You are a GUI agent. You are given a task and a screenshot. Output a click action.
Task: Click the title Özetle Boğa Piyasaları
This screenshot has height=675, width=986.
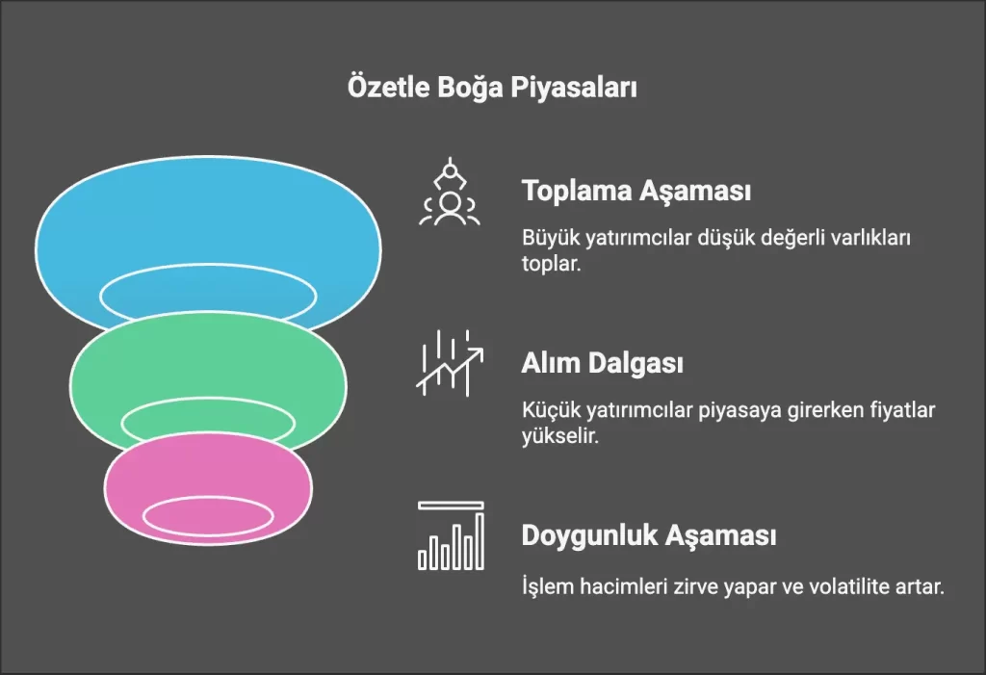pos(492,87)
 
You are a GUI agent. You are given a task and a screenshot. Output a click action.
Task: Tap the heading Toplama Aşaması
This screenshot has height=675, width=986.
pos(636,191)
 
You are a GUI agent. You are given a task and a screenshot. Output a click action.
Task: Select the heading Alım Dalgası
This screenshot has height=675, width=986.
pos(603,363)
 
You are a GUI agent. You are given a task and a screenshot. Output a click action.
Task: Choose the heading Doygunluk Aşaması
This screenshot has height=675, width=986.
pos(649,535)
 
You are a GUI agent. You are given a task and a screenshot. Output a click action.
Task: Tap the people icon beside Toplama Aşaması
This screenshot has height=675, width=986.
pos(450,192)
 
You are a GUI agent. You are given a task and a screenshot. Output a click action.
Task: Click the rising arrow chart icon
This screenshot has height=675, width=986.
pos(450,363)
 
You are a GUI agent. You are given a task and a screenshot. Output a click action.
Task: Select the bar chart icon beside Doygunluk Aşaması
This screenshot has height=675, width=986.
pos(451,535)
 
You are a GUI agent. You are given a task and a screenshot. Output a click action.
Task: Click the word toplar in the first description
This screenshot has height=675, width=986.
pos(551,264)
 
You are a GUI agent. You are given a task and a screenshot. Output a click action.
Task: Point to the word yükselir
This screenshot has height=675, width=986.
pos(560,435)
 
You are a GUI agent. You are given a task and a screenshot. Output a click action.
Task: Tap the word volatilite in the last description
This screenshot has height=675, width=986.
pos(853,586)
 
